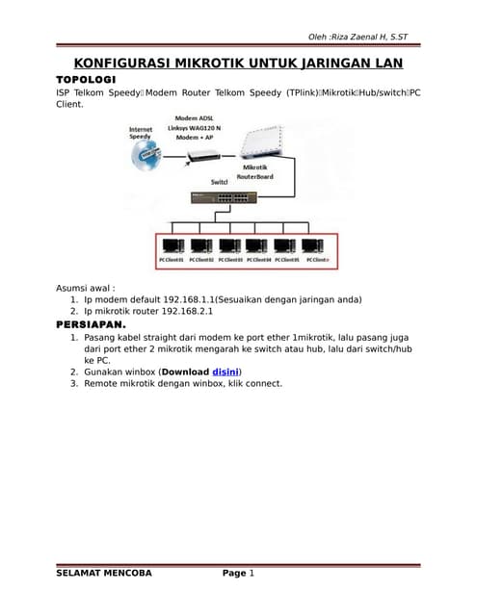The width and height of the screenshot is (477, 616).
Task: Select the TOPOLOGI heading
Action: pyautogui.click(x=87, y=78)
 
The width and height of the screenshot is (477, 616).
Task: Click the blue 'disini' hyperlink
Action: pyautogui.click(x=225, y=371)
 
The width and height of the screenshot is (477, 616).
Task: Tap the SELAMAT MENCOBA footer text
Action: pyautogui.click(x=104, y=574)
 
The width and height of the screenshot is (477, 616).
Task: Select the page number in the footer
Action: pyautogui.click(x=251, y=574)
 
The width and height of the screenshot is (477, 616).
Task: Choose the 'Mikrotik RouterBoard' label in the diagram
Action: pyautogui.click(x=255, y=172)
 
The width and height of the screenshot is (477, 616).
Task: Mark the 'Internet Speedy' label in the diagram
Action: pyautogui.click(x=141, y=133)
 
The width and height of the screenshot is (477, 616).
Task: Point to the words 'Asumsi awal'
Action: pyautogui.click(x=85, y=287)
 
